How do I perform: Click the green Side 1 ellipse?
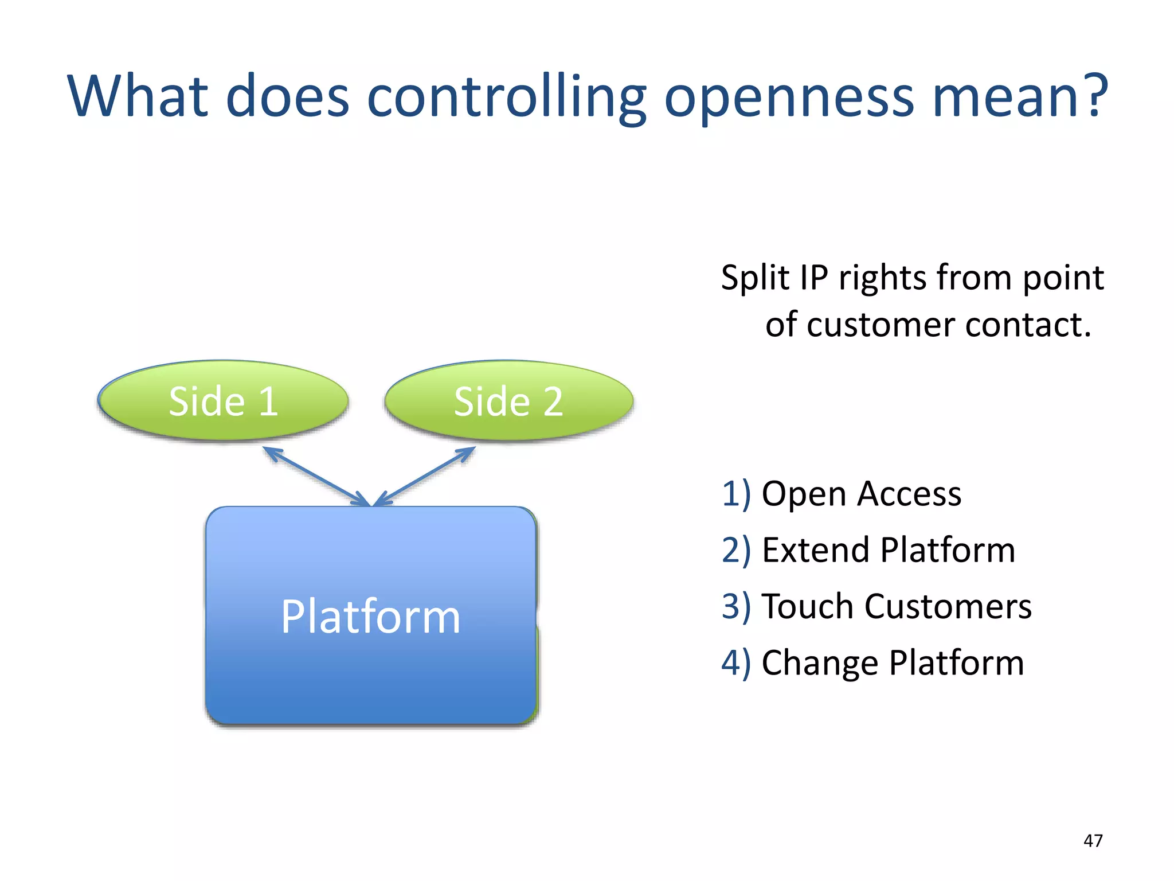(x=223, y=401)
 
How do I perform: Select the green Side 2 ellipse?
(x=508, y=401)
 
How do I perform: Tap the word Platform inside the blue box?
(x=370, y=617)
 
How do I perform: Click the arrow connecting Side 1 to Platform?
(x=317, y=477)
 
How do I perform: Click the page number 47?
(x=1093, y=840)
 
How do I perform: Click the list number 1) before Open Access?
(x=735, y=494)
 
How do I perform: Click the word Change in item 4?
(x=820, y=663)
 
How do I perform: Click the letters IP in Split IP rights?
(x=813, y=278)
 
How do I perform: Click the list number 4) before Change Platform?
(x=735, y=663)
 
